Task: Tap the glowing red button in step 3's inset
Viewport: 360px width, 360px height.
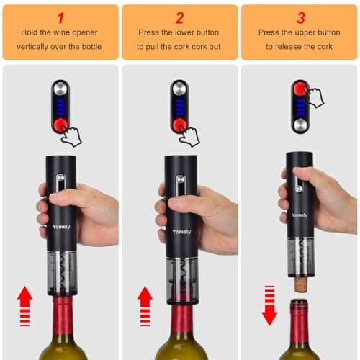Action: [x=300, y=89]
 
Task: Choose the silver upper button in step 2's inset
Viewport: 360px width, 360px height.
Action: [x=179, y=89]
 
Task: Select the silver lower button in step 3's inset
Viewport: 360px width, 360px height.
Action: [x=300, y=124]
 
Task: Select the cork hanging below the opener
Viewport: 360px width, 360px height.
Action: [x=300, y=284]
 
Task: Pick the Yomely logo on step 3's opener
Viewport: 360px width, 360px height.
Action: [x=300, y=214]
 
